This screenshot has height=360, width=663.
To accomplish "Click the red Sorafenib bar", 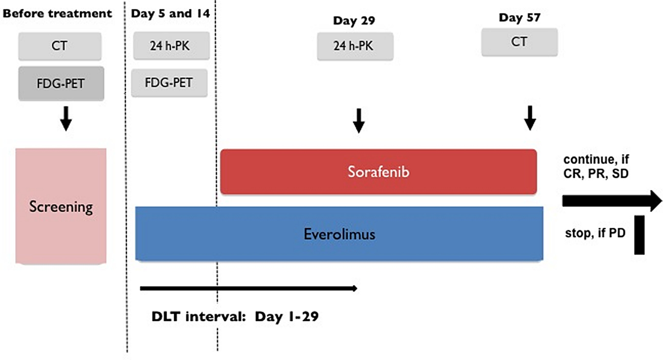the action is click(378, 172).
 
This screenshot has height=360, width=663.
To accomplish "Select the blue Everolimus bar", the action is click(339, 234).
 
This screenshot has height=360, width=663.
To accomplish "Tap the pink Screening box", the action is click(61, 206).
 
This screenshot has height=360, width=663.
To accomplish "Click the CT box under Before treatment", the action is click(60, 46).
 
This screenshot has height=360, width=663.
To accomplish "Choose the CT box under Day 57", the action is click(519, 42).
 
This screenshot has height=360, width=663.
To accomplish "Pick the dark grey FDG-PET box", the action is click(61, 83).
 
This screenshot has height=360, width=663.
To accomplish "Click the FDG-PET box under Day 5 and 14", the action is click(169, 83).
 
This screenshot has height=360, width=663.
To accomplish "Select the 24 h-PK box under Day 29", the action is click(355, 46).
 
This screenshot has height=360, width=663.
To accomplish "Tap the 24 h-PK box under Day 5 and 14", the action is click(171, 45).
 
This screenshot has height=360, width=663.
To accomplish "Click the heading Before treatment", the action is click(57, 14).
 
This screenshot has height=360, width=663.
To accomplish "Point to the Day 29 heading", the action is click(354, 21).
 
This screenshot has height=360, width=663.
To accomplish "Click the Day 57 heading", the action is click(519, 17).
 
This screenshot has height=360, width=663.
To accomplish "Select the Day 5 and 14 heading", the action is click(170, 14).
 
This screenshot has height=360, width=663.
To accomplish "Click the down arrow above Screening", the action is click(66, 119).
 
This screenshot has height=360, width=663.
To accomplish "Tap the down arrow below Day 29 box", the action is click(359, 121).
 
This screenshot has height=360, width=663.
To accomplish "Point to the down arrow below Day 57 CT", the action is click(530, 118).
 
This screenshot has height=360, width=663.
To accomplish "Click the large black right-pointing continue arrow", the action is click(612, 201).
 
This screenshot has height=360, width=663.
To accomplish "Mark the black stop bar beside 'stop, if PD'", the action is click(639, 235).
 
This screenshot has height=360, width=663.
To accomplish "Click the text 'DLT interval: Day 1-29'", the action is click(235, 317).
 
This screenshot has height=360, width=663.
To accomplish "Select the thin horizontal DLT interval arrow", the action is click(249, 288).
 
